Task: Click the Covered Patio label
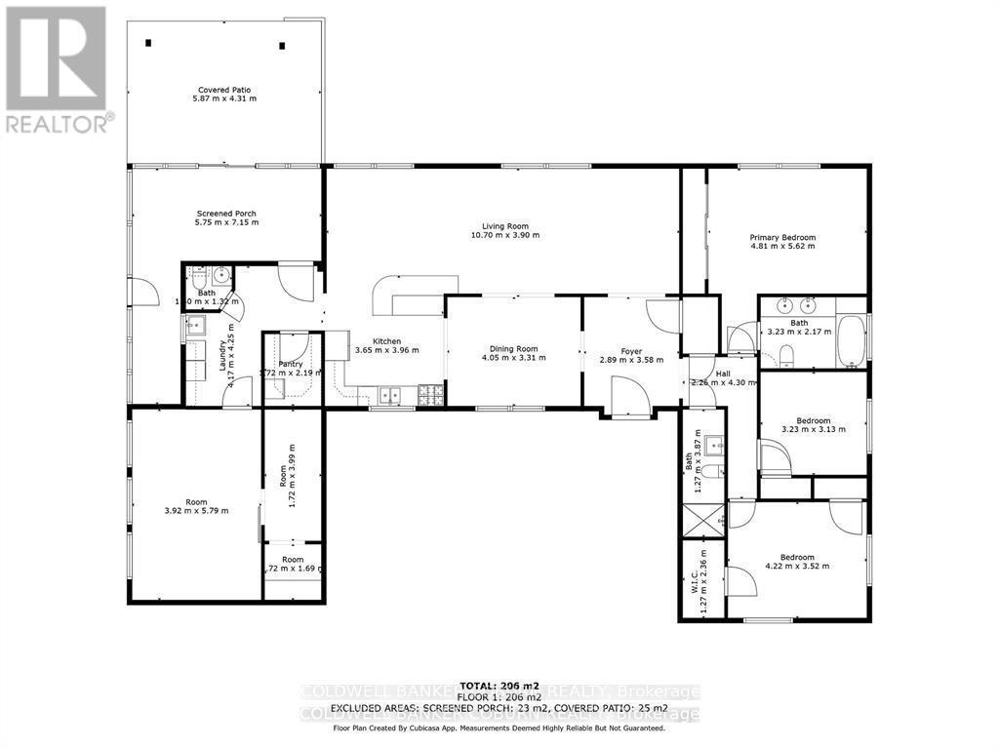pos(225,89)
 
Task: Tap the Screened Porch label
pos(226,213)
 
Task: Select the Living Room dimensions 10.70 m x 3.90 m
pos(504,235)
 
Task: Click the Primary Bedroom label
pos(781,237)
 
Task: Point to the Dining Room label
pos(513,348)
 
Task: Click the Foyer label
pos(631,350)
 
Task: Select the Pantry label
pos(290,364)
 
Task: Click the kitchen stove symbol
pos(430,395)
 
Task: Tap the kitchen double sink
pos(392,395)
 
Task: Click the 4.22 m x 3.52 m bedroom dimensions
pos(796,566)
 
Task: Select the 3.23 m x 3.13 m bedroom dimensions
pos(813,428)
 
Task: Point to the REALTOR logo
pos(56,68)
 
